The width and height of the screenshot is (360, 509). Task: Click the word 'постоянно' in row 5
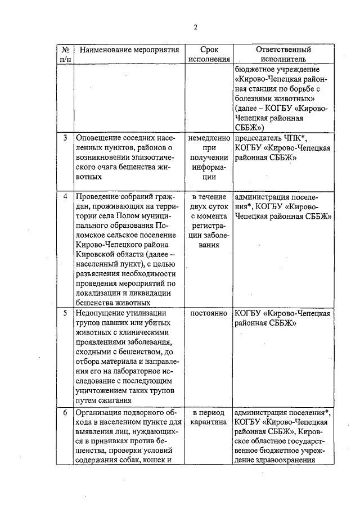coord(209,313)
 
